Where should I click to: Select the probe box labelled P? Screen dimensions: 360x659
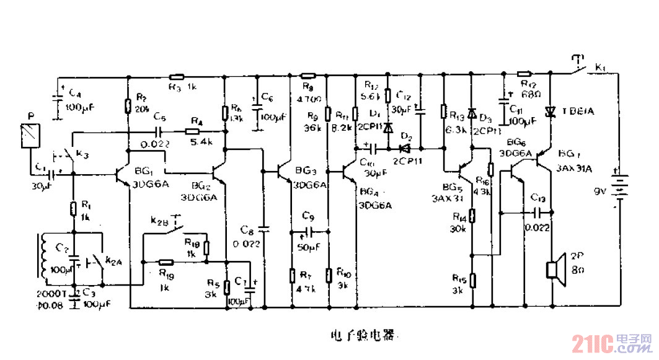[29, 135]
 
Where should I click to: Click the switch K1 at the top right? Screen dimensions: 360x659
[580, 65]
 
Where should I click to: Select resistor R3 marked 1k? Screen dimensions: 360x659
[179, 78]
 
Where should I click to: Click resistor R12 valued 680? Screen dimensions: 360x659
[524, 74]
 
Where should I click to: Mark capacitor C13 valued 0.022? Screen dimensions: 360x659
[538, 212]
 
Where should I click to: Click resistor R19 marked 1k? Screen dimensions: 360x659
[165, 261]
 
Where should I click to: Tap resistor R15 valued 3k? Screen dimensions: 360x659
[472, 279]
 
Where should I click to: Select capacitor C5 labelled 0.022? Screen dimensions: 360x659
[160, 131]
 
